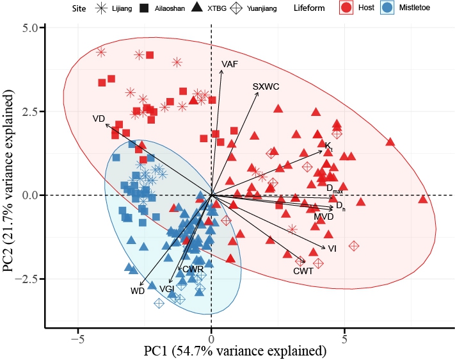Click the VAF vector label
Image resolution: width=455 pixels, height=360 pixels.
230,65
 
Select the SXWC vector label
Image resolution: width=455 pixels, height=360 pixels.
266,86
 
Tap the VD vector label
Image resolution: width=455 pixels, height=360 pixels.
99,119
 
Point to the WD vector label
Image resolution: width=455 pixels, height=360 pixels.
138,291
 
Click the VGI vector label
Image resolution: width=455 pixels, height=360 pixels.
168,290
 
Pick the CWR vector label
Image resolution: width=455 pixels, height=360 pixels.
193,270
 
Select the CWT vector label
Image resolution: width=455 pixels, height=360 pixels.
303,272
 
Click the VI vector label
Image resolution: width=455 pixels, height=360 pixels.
332,249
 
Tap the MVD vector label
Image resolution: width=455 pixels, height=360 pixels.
324,218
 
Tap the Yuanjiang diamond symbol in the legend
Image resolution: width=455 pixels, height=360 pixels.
256,9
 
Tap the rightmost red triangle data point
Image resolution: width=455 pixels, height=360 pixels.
422,199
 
